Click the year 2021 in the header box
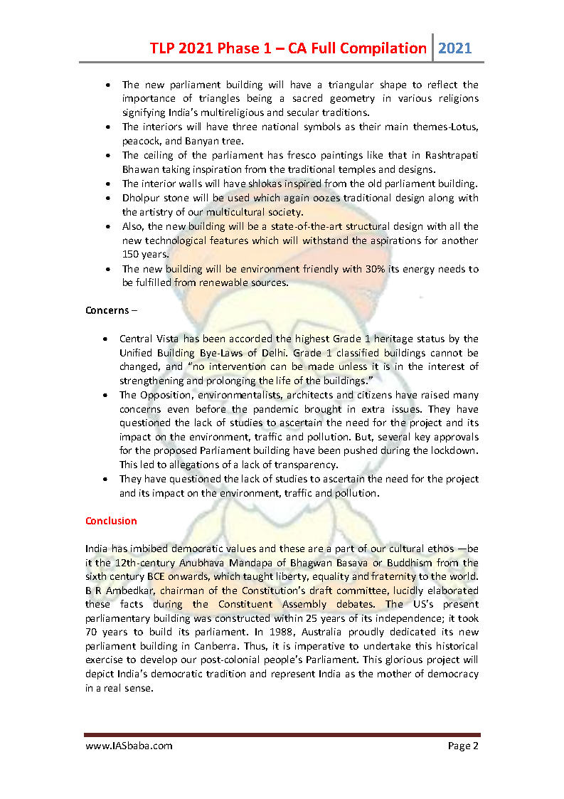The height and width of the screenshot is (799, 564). coord(455,48)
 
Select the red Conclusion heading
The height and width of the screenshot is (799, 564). coord(111,521)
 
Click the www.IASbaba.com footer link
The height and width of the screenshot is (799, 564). coord(129,746)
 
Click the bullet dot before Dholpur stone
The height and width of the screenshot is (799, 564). coord(107,199)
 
